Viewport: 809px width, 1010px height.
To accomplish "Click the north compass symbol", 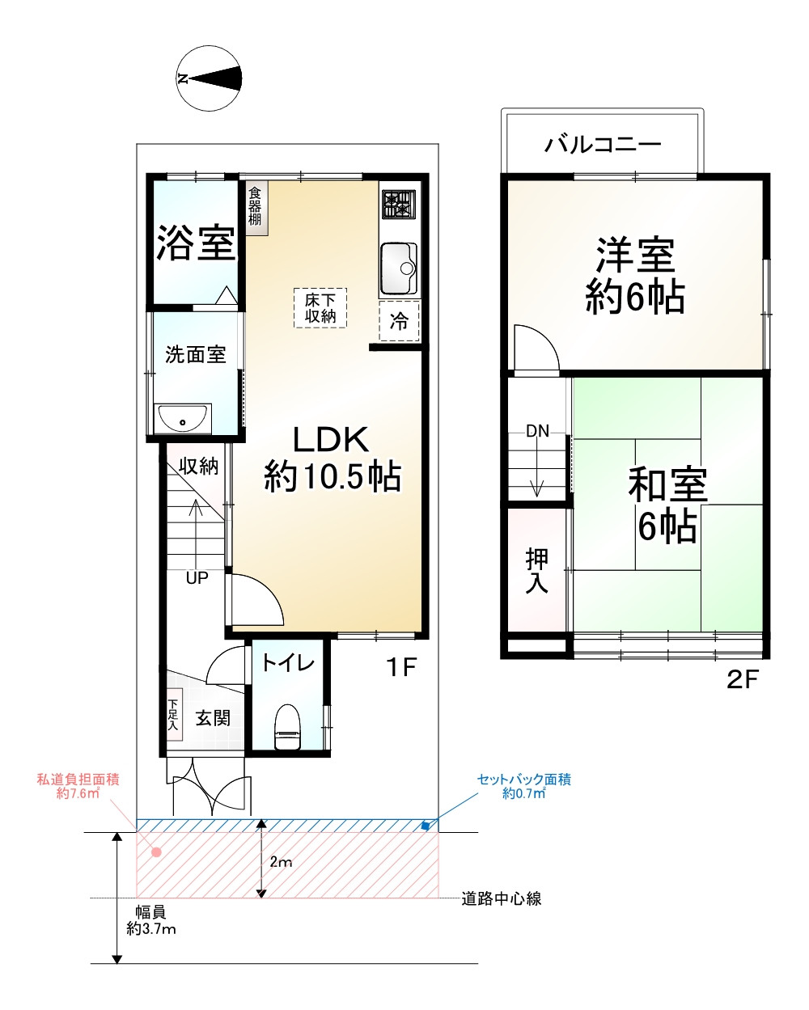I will [210, 78].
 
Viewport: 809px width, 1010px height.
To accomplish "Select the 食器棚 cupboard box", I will [256, 207].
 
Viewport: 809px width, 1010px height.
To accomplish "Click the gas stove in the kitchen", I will [399, 205].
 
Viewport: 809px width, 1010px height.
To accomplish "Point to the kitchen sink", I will [398, 267].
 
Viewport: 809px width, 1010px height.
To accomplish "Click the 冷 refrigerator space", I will [399, 321].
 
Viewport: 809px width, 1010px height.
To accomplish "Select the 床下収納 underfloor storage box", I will [320, 307].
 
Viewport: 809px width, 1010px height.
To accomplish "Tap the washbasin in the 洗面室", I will [184, 419].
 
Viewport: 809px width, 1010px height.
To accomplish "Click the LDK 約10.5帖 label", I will [332, 459].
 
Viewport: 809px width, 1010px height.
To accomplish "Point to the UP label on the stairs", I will [197, 578].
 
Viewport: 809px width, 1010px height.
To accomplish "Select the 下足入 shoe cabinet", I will [173, 715].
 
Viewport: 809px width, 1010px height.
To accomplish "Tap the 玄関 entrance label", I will [213, 717].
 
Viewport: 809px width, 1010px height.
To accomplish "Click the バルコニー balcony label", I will [603, 145].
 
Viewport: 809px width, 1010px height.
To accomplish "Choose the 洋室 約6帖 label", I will [635, 276].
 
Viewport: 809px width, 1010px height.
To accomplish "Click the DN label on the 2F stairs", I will [537, 431].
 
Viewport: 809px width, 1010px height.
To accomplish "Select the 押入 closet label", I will [536, 570].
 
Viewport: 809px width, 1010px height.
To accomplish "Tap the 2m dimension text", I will [281, 862].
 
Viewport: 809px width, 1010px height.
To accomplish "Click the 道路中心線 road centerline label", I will [501, 898].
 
